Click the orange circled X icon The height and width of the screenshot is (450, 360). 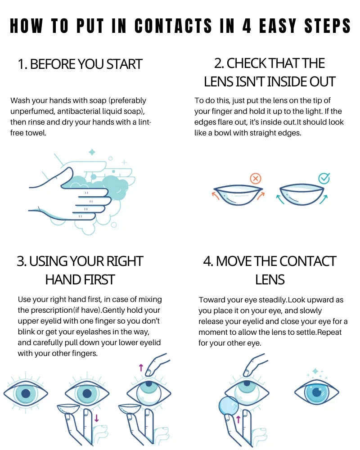[256, 179]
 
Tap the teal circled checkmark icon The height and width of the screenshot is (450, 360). [324, 179]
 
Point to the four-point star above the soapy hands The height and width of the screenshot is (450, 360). [92, 152]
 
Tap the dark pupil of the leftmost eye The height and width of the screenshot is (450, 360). [26, 393]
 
